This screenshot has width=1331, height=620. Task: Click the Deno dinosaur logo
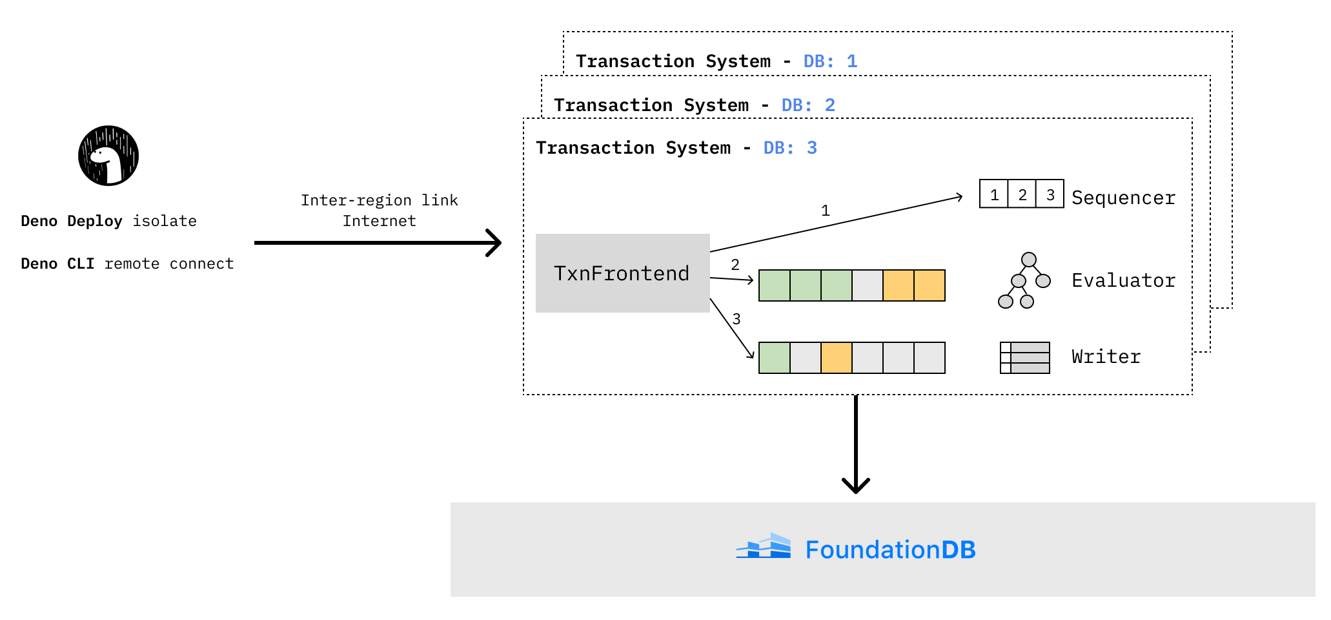[x=108, y=156]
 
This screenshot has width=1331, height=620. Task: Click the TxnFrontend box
[x=622, y=273]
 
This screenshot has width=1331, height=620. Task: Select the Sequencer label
[x=1123, y=198]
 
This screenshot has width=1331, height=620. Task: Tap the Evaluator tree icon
[x=1024, y=280]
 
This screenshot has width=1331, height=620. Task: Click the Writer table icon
[x=1024, y=358]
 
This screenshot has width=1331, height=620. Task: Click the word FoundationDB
[x=890, y=550]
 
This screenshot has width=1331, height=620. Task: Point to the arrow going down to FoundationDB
[x=856, y=446]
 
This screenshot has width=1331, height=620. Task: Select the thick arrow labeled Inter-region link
[x=378, y=243]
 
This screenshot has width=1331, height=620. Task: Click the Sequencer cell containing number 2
[x=1022, y=194]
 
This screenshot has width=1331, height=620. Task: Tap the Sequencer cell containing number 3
[x=1050, y=194]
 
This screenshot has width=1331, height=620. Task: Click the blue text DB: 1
[x=830, y=61]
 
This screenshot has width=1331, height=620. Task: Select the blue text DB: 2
[x=808, y=105]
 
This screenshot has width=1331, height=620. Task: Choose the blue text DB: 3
[x=790, y=148]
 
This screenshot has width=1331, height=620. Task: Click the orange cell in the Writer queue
[x=837, y=358]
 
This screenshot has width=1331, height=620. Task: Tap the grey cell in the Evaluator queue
[x=868, y=285]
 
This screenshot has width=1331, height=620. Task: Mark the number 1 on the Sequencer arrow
[x=825, y=211]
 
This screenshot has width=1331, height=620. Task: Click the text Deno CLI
[x=57, y=263]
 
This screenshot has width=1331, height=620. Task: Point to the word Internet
[x=379, y=221]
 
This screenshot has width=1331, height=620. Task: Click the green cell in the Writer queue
[x=775, y=358]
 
